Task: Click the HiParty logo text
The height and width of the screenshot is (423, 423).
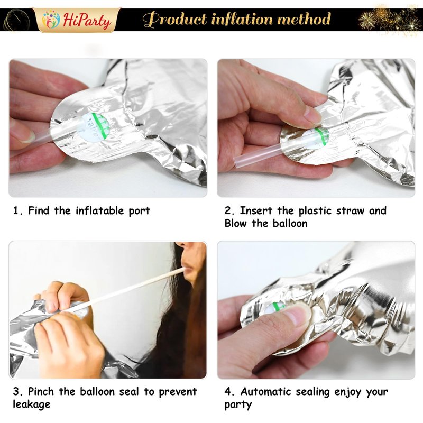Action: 87,21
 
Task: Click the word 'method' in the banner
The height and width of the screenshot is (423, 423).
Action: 304,19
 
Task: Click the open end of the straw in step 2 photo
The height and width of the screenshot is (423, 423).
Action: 236,161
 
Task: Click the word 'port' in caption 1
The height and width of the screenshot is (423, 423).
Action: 139,211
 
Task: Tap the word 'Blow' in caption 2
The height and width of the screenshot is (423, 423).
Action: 235,223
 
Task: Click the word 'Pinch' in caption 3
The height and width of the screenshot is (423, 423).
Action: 41,391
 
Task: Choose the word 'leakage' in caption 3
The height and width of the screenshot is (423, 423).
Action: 32,404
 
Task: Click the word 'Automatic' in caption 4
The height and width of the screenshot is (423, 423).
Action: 265,391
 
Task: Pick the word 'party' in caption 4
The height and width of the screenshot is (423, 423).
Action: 238,405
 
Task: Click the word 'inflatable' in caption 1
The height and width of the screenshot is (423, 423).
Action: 99,210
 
